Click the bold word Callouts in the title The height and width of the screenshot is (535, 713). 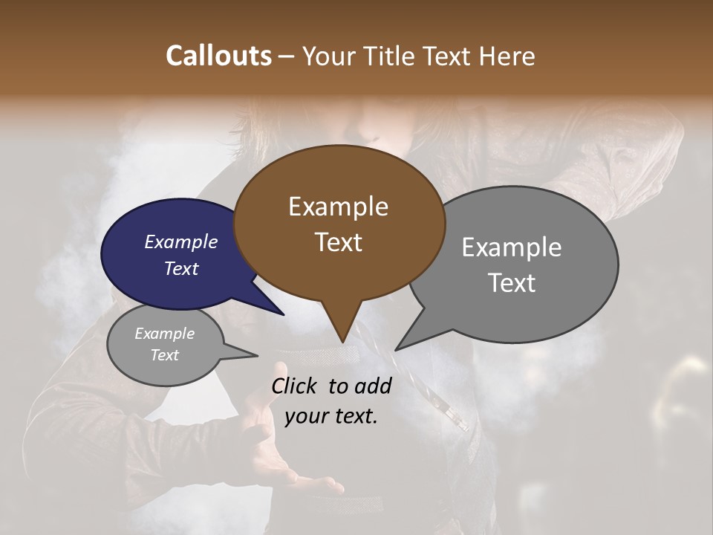click(218, 56)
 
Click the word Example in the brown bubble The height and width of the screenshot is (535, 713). click(338, 207)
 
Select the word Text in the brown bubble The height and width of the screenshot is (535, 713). click(338, 242)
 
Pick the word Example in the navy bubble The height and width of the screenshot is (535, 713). click(180, 241)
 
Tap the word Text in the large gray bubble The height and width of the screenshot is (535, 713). click(511, 283)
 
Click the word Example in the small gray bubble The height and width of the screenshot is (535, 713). click(164, 334)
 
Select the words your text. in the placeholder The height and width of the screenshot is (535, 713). click(331, 416)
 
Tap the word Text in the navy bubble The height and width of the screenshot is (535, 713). click(180, 268)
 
